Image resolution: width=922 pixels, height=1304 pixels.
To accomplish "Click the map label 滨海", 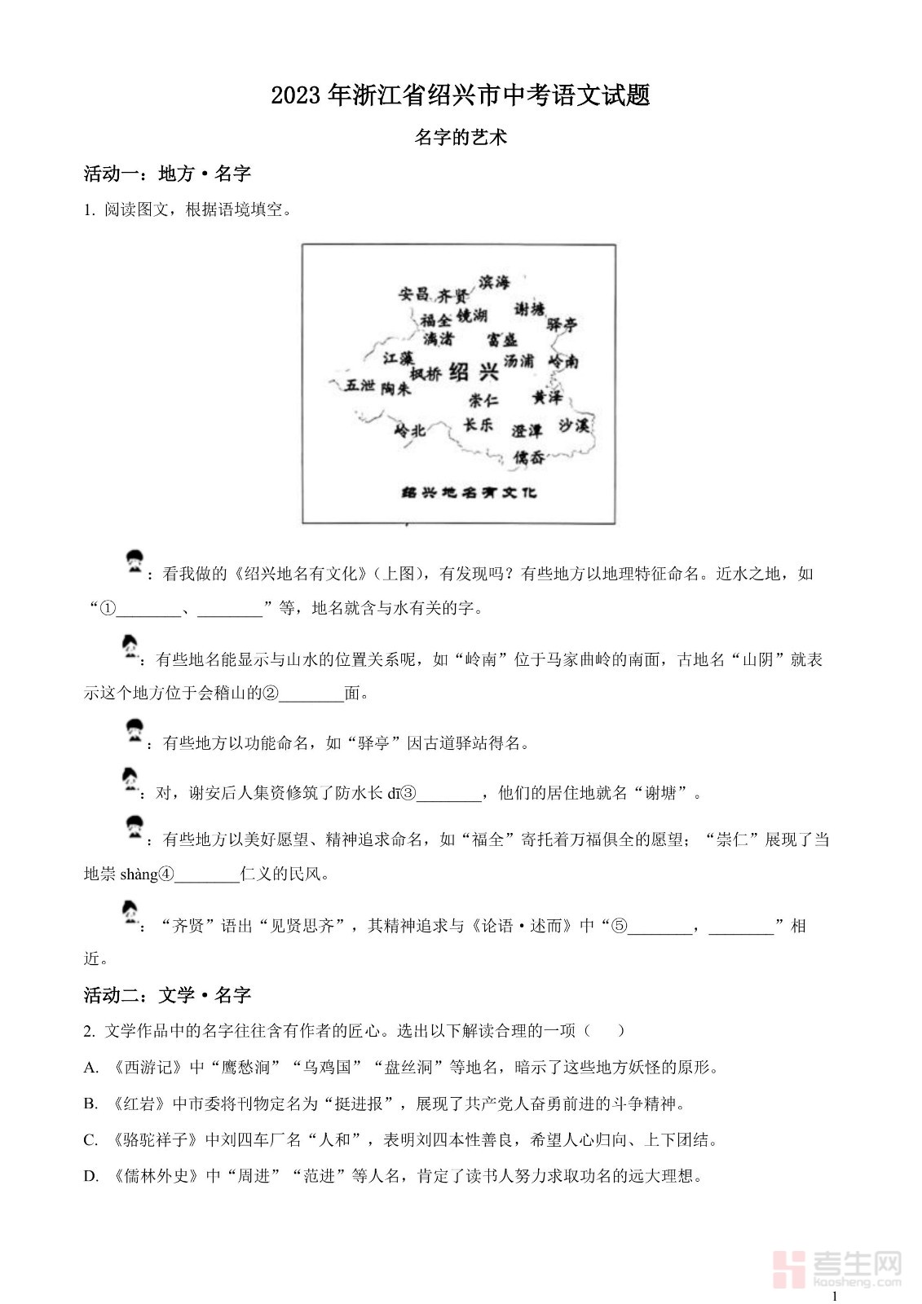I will coord(494,282).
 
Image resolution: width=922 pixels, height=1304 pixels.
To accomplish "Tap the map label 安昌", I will coord(413,294).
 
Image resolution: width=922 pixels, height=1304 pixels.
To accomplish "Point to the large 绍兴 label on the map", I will coord(474,372).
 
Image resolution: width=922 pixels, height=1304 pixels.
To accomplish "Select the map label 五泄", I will coord(360,385).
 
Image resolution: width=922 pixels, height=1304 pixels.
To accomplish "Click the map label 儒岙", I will coord(529,457).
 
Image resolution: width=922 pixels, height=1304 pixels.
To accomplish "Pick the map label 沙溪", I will coord(574,425).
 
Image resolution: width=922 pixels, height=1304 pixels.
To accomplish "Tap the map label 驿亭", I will coord(562,324).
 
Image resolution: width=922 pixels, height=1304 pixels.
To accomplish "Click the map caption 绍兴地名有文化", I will coord(470,492).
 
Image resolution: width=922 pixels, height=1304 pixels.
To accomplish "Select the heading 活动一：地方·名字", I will coord(168,174).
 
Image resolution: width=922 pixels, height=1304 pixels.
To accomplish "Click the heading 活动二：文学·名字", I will coord(168,995).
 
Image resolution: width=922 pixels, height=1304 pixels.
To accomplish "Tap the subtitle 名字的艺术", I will coord(461,137).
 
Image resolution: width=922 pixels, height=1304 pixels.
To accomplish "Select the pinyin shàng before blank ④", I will coord(139,874).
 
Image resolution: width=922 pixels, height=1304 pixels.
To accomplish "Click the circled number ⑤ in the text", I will coord(620,927).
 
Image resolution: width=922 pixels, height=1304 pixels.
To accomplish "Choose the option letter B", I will coord(90,1104).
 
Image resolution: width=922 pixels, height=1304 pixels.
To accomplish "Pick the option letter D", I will coord(90,1176).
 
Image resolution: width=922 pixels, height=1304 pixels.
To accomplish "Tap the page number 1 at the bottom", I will coord(834,1296).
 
